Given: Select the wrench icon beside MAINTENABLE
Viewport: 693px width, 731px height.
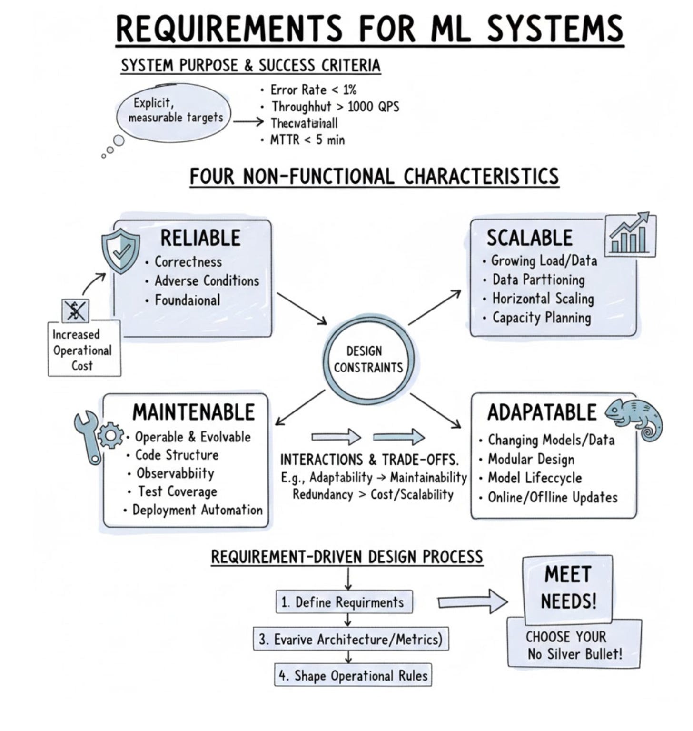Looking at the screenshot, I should [x=88, y=436].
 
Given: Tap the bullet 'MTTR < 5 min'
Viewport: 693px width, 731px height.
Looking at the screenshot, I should [x=307, y=140].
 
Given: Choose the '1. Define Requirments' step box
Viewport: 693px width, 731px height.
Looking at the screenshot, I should [x=344, y=602].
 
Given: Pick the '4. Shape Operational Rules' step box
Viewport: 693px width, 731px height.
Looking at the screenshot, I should [x=353, y=675].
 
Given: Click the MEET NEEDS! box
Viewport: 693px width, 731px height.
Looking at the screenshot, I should [x=568, y=588].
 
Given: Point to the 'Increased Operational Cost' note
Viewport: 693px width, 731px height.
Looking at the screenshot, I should [x=83, y=350].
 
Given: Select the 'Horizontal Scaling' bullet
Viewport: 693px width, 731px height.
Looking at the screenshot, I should [x=543, y=299].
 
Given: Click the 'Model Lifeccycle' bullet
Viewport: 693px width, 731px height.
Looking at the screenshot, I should [x=535, y=478].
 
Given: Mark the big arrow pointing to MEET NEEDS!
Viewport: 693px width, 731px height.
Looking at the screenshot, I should [x=472, y=601].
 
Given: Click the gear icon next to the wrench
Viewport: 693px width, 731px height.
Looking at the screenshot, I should [x=110, y=435].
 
